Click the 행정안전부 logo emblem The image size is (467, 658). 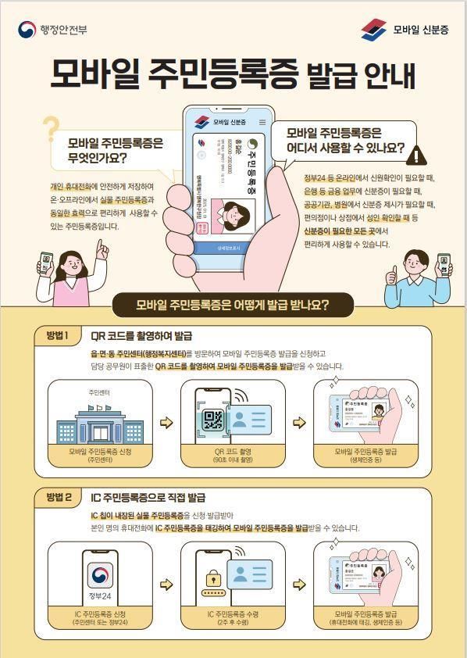[x=27, y=29]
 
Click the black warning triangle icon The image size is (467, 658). [x=419, y=155]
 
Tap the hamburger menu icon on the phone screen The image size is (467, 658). [x=262, y=122]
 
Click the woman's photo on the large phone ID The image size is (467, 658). [x=236, y=215]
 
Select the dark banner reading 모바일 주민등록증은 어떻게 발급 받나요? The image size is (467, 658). [x=233, y=304]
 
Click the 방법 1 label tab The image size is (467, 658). [x=58, y=336]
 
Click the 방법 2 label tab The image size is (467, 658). [x=58, y=496]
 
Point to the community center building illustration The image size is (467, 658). [x=89, y=422]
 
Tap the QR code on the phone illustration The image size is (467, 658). [x=213, y=420]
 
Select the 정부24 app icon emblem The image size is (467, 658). [x=99, y=577]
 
